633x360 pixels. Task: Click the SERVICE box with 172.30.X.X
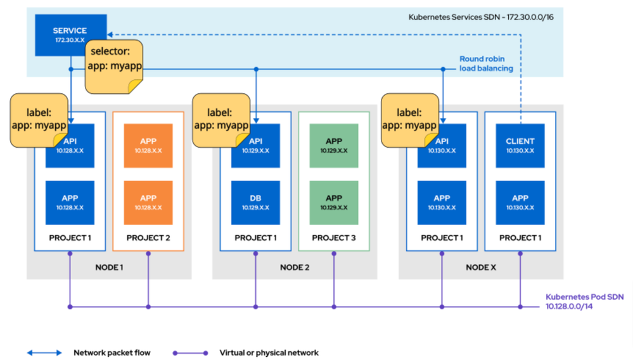[x=70, y=35]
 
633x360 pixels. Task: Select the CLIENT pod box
[x=520, y=146]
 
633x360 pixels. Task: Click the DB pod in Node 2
[x=255, y=202]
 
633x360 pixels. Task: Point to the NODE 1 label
[x=108, y=267]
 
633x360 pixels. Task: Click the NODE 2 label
[x=295, y=267]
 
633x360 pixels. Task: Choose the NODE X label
[x=481, y=267]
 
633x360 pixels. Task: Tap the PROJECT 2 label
[x=148, y=238]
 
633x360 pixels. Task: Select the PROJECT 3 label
[x=334, y=238]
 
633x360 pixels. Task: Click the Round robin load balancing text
[x=486, y=63]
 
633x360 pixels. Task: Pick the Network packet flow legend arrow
[x=44, y=352]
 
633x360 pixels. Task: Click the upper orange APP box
[x=148, y=146]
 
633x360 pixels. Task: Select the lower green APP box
[x=334, y=202]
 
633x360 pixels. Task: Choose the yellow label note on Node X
[x=409, y=119]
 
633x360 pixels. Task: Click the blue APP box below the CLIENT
[x=520, y=202]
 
